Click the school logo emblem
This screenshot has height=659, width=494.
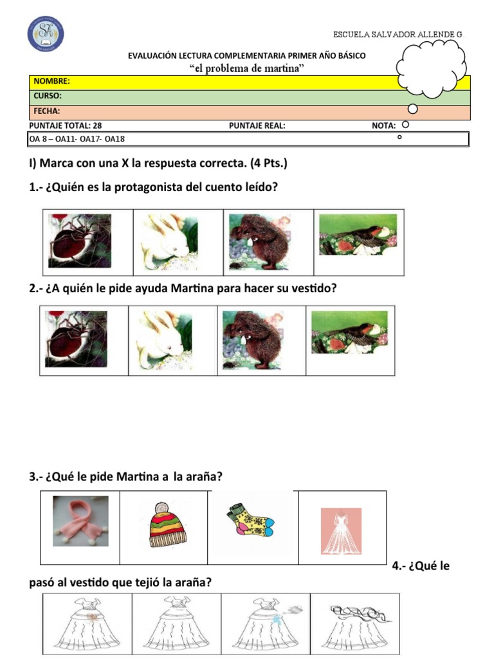[46, 34]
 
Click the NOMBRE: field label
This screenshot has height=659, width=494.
[51, 81]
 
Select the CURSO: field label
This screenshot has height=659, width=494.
[48, 96]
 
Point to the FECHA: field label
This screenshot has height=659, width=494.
[46, 111]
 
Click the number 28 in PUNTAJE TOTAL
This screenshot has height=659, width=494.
[97, 125]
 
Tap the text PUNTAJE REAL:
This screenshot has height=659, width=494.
[257, 125]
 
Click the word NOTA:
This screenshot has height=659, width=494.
[383, 125]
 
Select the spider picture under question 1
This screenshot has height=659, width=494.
[79, 241]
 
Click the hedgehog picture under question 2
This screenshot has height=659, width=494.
[252, 340]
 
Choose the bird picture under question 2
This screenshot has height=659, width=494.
[349, 332]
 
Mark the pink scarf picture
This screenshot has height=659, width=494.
[80, 521]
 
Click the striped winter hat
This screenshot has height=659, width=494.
[168, 525]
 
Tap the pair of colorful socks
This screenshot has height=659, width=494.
[250, 521]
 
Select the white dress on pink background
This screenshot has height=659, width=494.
[341, 531]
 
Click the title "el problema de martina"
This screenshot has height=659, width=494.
[246, 68]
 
